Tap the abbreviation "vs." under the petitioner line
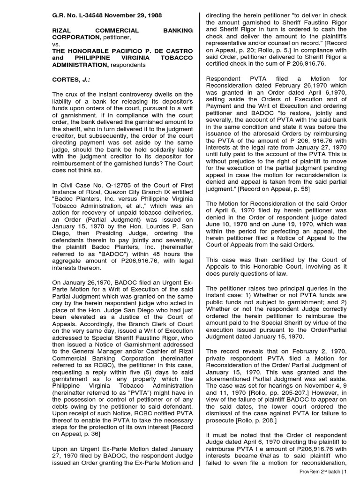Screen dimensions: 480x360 [x=55, y=45]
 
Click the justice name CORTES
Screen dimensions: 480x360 [x=65, y=80]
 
